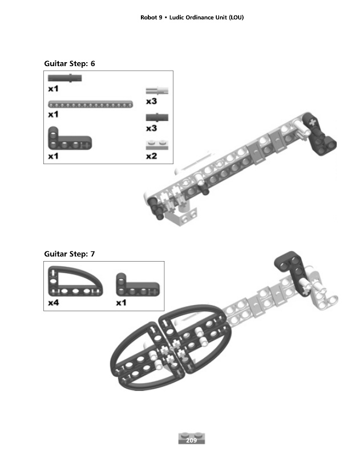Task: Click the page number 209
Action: click(191, 440)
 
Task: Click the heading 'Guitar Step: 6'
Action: click(70, 64)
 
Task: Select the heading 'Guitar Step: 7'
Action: click(70, 254)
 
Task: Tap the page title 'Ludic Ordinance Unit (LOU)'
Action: click(207, 18)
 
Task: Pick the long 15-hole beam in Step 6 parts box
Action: click(91, 104)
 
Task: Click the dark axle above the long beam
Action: click(65, 78)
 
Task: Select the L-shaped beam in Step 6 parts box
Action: click(70, 139)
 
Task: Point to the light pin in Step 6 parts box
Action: click(157, 91)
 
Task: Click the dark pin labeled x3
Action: click(157, 117)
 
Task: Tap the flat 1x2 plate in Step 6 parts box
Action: click(157, 145)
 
